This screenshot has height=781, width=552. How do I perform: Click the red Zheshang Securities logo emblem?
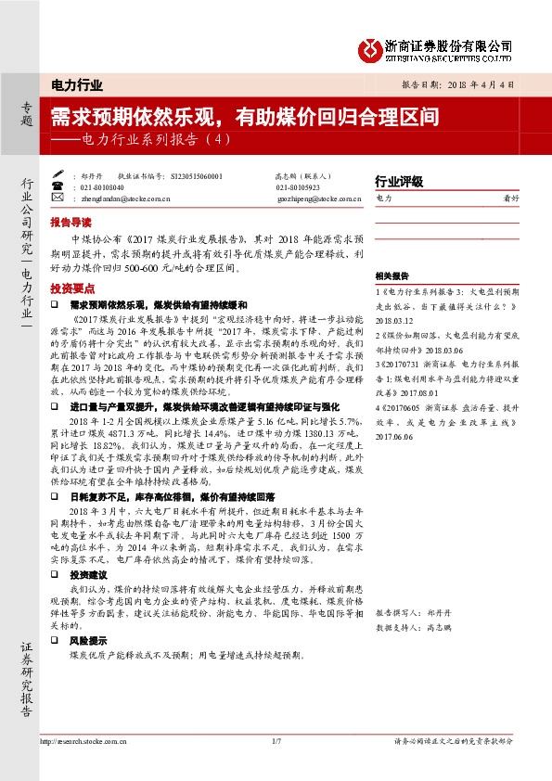(x=372, y=49)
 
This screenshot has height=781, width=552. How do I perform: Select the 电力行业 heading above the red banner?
(x=77, y=85)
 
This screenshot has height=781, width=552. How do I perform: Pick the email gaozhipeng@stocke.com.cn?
(x=311, y=198)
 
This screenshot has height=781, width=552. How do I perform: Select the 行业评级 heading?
(x=398, y=181)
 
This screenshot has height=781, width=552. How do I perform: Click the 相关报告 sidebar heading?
(x=392, y=276)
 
